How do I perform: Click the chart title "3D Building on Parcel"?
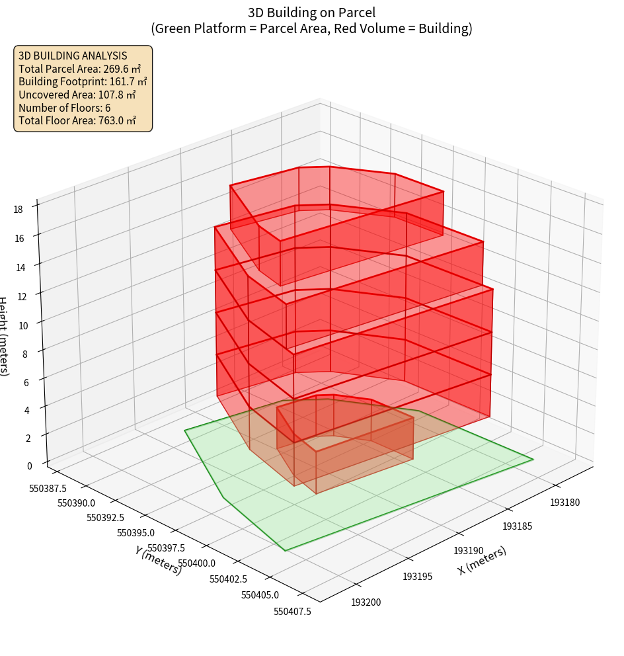click(x=311, y=12)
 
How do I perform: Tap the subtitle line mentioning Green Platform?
click(x=311, y=28)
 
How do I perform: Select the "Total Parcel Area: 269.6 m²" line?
click(x=80, y=69)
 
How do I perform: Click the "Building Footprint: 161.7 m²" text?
click(x=83, y=81)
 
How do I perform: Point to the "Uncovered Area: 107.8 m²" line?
click(x=77, y=95)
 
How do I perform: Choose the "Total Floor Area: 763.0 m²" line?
click(x=77, y=120)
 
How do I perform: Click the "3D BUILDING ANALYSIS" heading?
click(x=73, y=56)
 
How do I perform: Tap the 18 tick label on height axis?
click(x=18, y=210)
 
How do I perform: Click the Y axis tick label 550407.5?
click(x=292, y=611)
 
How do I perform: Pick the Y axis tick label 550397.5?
click(x=166, y=548)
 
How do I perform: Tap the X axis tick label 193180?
click(x=565, y=503)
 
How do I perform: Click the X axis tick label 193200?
click(x=366, y=602)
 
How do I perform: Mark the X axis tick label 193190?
click(x=468, y=551)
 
